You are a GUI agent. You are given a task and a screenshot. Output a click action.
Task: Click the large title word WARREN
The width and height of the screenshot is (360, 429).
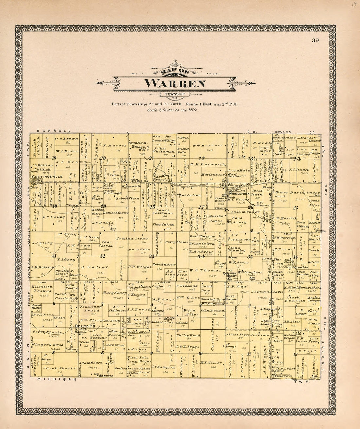coord(175,83)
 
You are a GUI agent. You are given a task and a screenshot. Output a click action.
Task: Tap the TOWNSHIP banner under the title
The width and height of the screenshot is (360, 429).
coord(175,95)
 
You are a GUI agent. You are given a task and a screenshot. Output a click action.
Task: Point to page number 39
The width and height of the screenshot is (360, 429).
coord(315,41)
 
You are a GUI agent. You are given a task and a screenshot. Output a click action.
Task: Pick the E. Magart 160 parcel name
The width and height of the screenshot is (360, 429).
coord(115,146)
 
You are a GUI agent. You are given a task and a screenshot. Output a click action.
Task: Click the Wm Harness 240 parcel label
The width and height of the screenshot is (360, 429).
coord(207,145)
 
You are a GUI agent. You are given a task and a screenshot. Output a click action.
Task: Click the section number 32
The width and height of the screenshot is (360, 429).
coord(103,256)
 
